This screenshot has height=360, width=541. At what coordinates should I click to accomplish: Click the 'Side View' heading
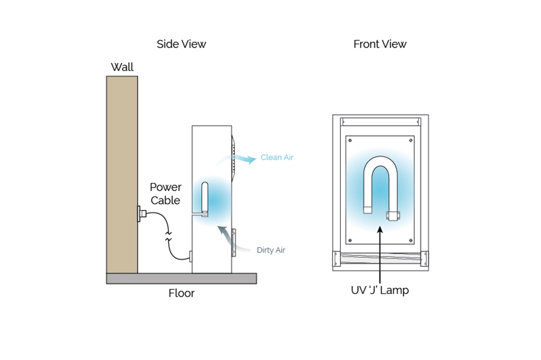click(x=181, y=44)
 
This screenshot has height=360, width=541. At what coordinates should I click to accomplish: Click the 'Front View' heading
click(x=380, y=44)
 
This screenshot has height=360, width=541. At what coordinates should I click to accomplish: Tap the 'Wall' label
click(x=122, y=67)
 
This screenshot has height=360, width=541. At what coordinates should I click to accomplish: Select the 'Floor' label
click(x=181, y=293)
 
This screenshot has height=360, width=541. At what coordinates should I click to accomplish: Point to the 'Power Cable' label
click(x=165, y=194)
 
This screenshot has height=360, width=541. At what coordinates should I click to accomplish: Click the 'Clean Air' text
click(x=277, y=157)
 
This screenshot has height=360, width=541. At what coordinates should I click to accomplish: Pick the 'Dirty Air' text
click(x=271, y=250)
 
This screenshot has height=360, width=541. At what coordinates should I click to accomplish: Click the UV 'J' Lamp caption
click(x=380, y=290)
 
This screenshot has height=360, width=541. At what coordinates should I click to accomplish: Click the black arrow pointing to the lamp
click(x=380, y=253)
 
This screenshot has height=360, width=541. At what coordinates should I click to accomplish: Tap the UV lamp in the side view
click(x=204, y=198)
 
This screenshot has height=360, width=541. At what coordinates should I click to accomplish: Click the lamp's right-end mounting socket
click(x=392, y=216)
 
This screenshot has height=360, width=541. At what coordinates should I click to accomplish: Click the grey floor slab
click(x=181, y=278)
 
